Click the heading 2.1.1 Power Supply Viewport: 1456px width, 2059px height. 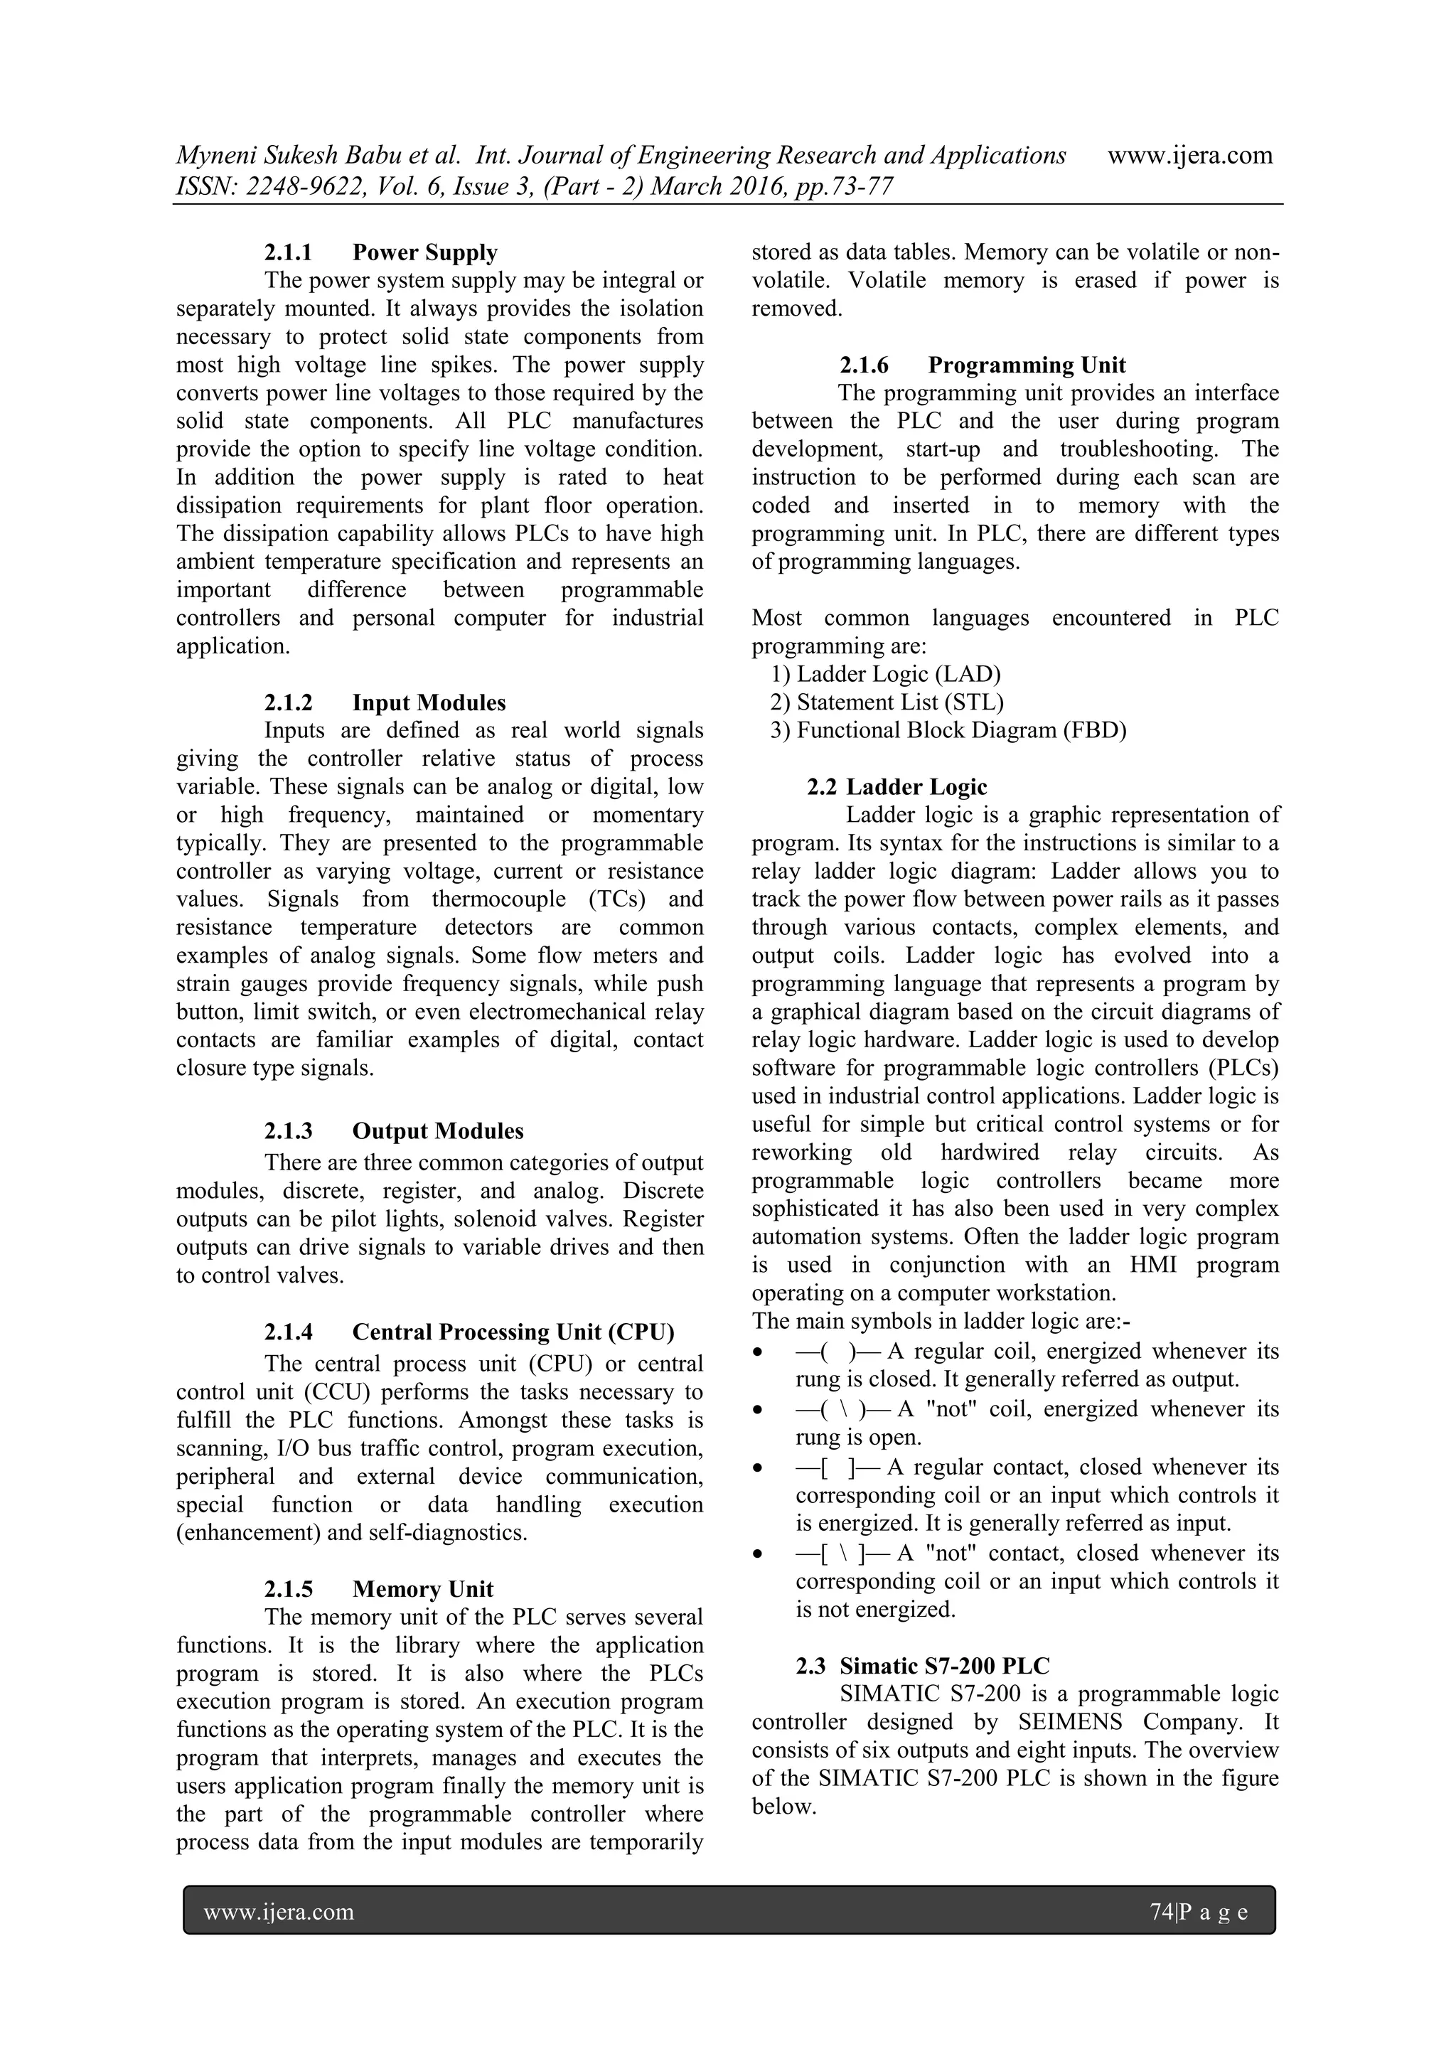pyautogui.click(x=380, y=253)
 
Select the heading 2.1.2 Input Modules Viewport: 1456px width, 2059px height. pyautogui.click(x=385, y=702)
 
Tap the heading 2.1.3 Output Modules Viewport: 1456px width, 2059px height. pyautogui.click(x=394, y=1131)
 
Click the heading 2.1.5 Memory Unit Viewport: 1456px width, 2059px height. pyautogui.click(x=378, y=1589)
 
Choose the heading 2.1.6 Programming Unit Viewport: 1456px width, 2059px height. pyautogui.click(x=982, y=365)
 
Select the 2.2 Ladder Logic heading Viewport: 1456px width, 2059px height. pyautogui.click(x=896, y=786)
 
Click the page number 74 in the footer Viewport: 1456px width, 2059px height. pyautogui.click(x=1161, y=1913)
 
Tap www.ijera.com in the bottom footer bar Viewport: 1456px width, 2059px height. pyautogui.click(x=279, y=1913)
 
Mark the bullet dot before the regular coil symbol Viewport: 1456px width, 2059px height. pyautogui.click(x=759, y=1352)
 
